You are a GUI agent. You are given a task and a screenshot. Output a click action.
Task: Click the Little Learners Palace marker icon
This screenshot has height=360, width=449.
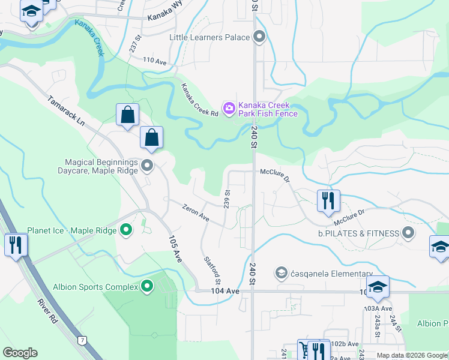point(259,38)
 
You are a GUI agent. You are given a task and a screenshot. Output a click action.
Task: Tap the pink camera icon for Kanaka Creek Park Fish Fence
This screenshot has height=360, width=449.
point(229,109)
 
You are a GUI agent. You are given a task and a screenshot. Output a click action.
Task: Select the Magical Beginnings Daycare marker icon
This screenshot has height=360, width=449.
point(147,165)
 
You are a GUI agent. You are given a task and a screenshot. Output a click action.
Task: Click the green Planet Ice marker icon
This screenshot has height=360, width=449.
point(126,229)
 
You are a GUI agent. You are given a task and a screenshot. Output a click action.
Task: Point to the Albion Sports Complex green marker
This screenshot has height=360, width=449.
point(146,287)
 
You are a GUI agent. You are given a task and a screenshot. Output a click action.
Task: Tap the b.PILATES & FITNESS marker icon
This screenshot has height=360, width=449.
point(409,233)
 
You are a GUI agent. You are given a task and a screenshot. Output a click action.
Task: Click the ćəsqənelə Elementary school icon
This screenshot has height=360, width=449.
point(280,274)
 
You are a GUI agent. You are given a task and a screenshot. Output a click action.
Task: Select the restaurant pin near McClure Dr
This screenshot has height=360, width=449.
point(328,200)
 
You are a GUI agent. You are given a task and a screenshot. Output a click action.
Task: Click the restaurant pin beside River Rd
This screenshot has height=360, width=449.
point(16,244)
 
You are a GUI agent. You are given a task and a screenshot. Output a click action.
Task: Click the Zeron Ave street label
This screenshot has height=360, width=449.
point(195,211)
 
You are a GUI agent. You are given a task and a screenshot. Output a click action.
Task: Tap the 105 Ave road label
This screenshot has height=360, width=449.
point(173,247)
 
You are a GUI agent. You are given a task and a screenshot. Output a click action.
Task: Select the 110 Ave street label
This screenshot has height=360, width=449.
point(154,61)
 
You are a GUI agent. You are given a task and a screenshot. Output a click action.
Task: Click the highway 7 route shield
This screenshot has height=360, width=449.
point(82,340)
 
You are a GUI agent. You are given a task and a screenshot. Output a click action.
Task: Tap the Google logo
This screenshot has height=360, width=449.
point(20,353)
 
